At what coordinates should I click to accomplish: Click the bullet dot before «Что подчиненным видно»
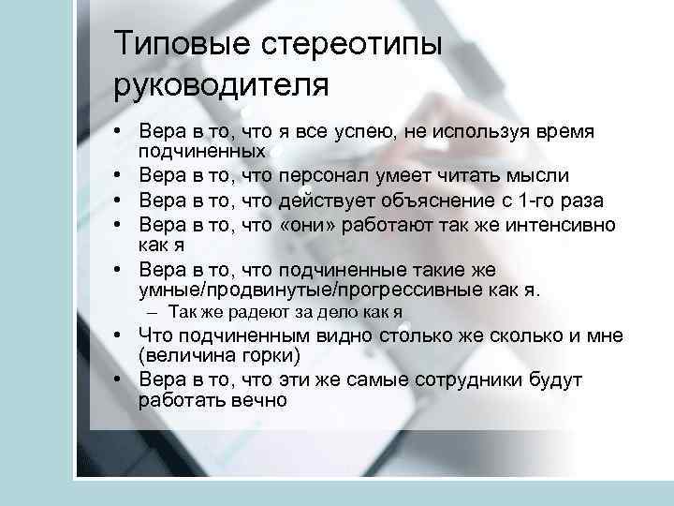pyautogui.click(x=123, y=335)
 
